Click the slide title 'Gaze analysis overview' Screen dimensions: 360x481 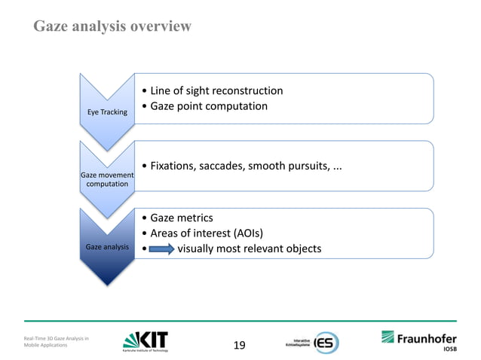tap(112, 27)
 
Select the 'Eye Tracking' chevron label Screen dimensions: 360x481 tap(106, 112)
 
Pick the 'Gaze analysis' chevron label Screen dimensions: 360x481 tap(106, 247)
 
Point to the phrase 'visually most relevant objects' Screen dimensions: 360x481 tap(249, 249)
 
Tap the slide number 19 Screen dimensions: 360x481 tap(240, 346)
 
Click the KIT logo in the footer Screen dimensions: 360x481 tap(145, 341)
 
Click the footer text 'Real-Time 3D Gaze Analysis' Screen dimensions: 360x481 tap(57, 340)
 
